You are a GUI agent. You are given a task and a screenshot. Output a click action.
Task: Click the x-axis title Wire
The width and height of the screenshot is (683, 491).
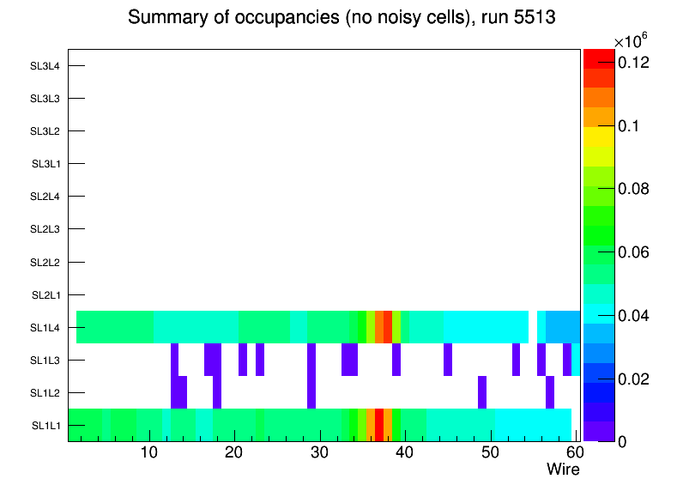click(564, 470)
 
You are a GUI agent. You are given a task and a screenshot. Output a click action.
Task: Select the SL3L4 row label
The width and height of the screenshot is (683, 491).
click(45, 66)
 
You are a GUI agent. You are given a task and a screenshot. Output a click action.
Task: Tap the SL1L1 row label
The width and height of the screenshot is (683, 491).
click(45, 426)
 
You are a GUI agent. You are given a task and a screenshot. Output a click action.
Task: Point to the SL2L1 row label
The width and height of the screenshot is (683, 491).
click(45, 295)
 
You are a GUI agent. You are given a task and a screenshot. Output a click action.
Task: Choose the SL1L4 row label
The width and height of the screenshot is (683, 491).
click(45, 328)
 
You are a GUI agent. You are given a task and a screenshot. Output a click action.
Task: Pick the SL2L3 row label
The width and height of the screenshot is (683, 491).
click(45, 229)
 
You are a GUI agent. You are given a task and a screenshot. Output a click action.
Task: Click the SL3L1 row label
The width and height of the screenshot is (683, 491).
click(45, 164)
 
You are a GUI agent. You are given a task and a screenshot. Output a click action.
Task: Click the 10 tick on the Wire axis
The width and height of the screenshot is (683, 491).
click(149, 452)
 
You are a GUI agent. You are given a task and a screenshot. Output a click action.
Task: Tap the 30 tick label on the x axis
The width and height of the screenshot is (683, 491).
click(319, 452)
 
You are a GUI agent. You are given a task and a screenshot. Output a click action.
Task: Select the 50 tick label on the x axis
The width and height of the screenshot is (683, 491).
click(488, 452)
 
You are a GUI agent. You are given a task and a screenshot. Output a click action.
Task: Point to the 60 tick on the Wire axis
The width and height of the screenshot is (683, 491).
click(572, 452)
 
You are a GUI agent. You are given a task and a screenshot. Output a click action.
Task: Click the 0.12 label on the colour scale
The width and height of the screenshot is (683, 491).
click(634, 63)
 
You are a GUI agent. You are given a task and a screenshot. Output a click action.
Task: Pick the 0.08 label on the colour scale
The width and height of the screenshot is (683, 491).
click(634, 189)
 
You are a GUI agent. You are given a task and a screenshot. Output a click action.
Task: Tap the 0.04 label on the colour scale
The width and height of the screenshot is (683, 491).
click(634, 316)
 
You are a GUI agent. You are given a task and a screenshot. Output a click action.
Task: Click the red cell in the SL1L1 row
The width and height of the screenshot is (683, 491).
click(379, 425)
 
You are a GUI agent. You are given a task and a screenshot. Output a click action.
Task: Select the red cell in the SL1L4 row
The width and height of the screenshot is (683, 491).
click(388, 327)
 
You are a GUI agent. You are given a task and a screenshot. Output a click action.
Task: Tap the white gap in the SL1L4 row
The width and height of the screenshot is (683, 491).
click(533, 327)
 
